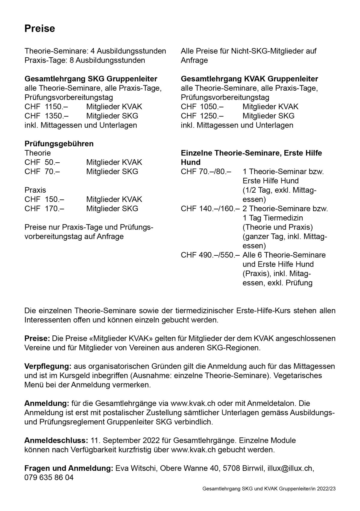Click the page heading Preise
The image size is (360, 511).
40,29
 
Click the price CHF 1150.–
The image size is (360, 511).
44,107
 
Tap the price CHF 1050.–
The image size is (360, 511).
202,107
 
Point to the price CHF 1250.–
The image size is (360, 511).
202,116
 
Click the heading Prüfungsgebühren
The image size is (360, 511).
59,144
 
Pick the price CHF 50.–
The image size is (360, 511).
42,162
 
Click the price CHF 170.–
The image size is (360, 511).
44,209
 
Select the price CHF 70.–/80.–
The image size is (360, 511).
206,172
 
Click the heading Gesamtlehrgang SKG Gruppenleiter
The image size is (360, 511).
91,79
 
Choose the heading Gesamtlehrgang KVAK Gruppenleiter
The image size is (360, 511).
249,79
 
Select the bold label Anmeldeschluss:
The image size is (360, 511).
56,440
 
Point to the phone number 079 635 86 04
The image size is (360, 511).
49,478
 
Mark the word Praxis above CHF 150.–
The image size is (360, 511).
35,190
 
